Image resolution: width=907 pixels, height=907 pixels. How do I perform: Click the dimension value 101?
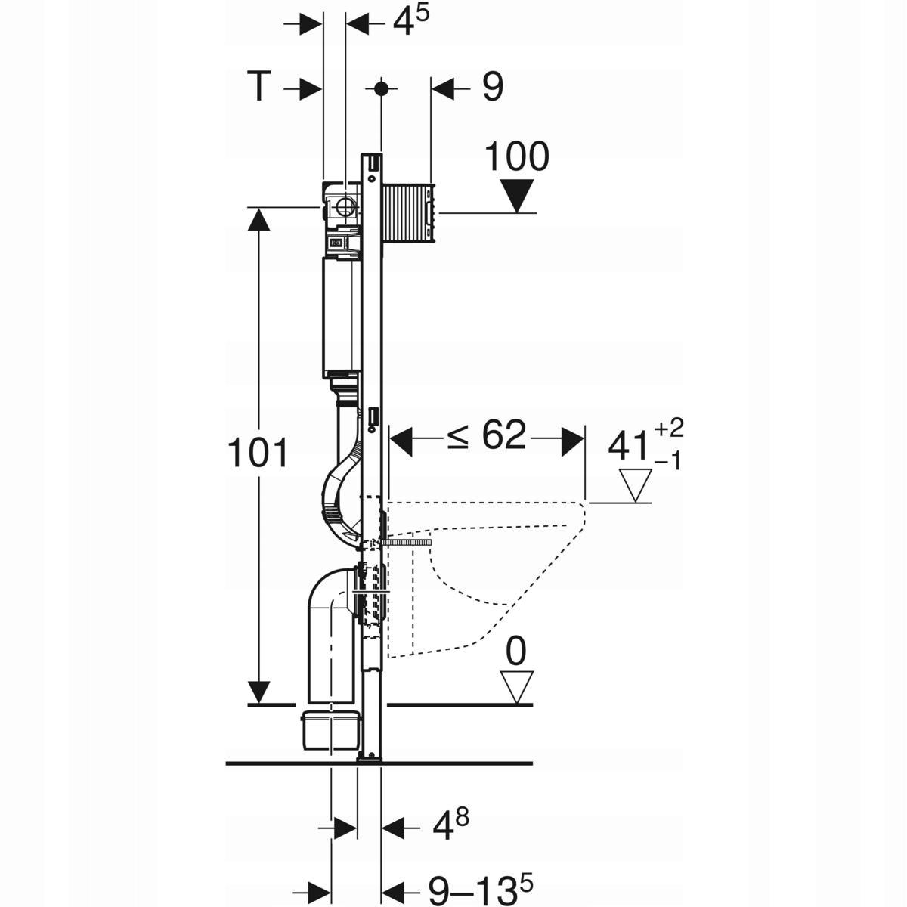[258, 454]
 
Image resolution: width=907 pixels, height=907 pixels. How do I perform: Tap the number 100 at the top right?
[516, 157]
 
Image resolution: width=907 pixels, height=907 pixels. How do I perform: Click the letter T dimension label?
[258, 88]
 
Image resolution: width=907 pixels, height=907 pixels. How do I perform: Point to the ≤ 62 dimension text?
[486, 437]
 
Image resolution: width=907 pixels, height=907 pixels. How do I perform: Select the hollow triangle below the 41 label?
[635, 485]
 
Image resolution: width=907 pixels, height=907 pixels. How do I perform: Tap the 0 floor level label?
[516, 652]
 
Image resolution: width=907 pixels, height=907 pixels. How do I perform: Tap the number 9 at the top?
[491, 88]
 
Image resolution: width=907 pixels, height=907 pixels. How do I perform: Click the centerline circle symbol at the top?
[381, 88]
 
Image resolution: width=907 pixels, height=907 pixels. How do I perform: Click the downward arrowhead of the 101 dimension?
[259, 691]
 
